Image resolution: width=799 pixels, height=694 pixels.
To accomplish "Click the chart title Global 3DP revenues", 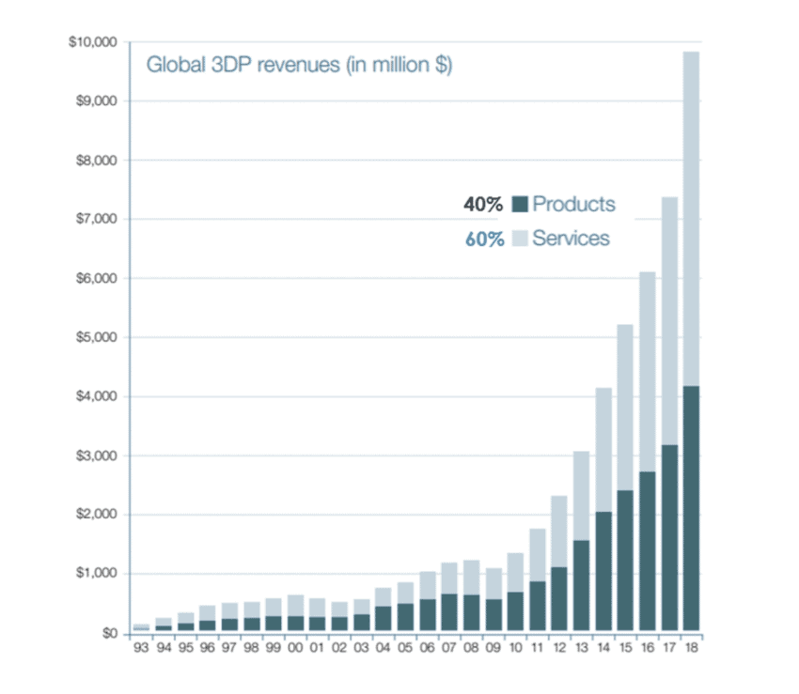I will (298, 67).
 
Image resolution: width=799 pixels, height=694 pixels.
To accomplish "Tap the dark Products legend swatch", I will (519, 204).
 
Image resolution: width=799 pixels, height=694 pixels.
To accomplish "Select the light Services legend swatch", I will (519, 238).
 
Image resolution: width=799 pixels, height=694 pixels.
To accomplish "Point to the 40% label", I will (484, 205).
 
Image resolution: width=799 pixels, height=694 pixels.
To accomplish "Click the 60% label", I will (484, 239).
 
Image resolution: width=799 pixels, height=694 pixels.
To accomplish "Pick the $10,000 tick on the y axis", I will (92, 42).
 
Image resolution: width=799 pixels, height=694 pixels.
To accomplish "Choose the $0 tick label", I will (110, 633).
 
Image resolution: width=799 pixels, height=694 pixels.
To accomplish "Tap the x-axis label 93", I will (142, 648).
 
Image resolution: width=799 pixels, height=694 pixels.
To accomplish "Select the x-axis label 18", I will (692, 648).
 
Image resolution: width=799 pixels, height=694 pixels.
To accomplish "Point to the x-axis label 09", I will (493, 648).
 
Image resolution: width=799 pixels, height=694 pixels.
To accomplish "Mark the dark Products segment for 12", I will (559, 600).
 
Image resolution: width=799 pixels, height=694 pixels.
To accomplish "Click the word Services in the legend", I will (571, 238).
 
